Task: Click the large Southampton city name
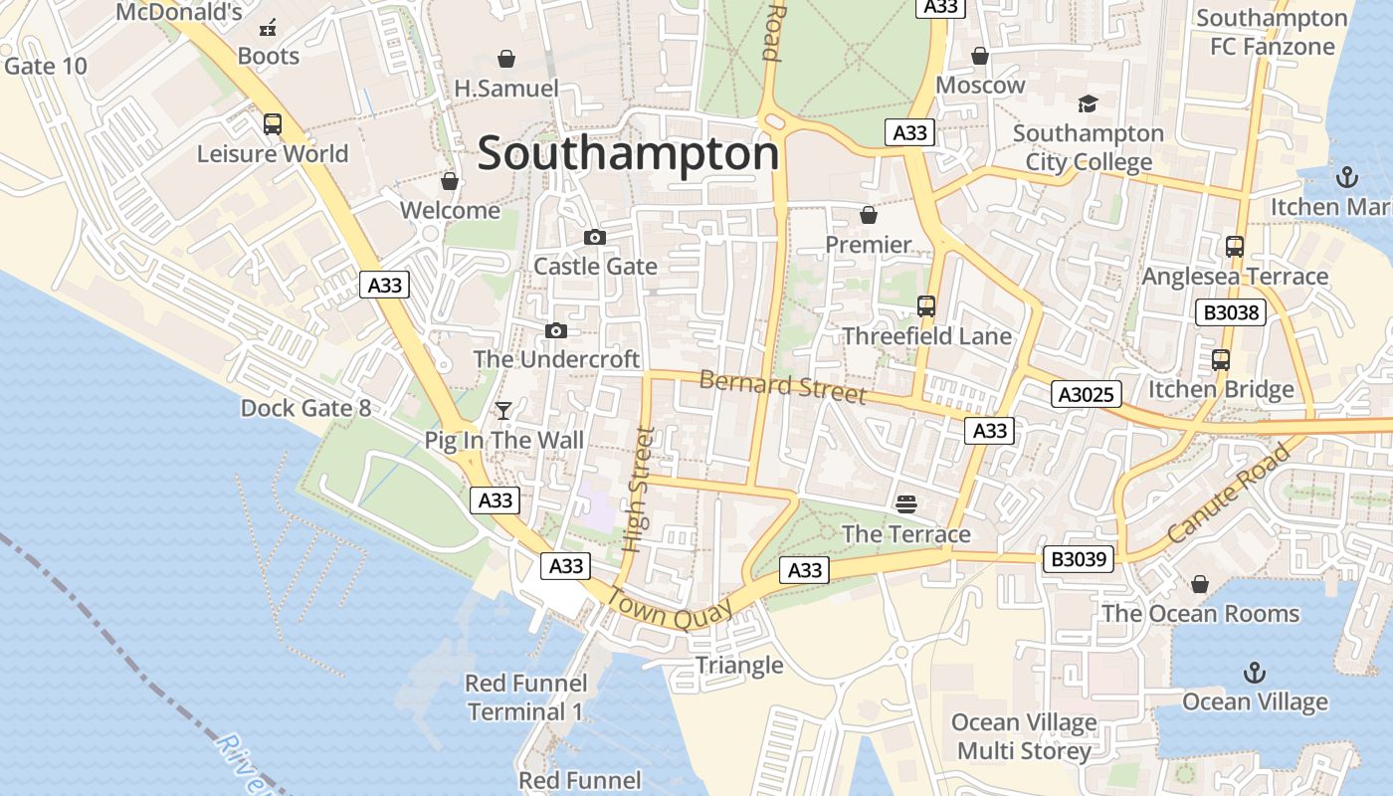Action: click(628, 154)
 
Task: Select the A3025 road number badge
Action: click(1087, 394)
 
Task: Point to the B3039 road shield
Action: click(1080, 559)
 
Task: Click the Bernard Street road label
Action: click(782, 386)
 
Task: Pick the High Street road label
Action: click(638, 490)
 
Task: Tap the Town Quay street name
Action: click(670, 608)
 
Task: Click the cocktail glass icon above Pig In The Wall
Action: click(503, 410)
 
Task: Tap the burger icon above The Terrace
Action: click(905, 504)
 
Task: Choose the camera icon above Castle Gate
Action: click(595, 237)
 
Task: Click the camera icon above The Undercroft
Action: click(555, 330)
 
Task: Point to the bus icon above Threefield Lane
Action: click(926, 306)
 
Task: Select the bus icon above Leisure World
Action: click(272, 124)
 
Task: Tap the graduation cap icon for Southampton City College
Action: click(1088, 103)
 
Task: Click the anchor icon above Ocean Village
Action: click(1254, 673)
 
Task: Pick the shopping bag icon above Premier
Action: click(869, 215)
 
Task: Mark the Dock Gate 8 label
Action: click(305, 408)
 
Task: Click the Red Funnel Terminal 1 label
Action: click(525, 697)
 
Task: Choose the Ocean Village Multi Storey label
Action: click(1024, 736)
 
